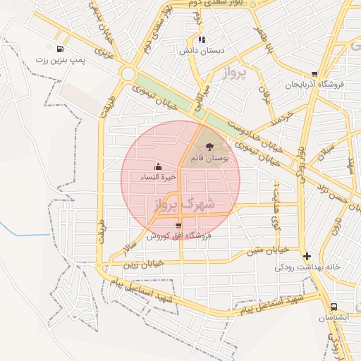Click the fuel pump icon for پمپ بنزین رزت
coord(61,49)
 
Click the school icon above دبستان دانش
coord(202,40)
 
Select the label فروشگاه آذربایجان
coord(314,84)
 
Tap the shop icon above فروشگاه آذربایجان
coord(314,73)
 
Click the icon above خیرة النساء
coord(158,168)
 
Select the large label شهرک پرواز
coord(182,204)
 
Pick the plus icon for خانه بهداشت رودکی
coord(307,257)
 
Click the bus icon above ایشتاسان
coord(334,307)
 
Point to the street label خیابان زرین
coord(142,263)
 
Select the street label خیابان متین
coord(267,250)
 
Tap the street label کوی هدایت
coord(276,206)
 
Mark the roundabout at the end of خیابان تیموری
coord(128,73)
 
